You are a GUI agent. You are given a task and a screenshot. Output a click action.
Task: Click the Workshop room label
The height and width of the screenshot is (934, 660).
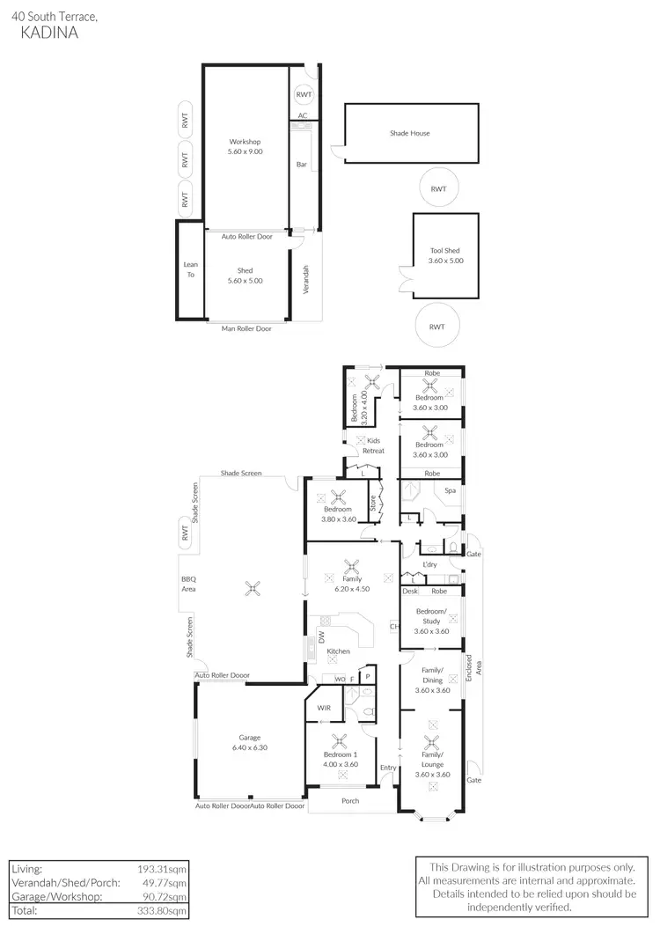(x=246, y=142)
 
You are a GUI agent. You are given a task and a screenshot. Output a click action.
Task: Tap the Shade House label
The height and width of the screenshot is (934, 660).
(x=410, y=134)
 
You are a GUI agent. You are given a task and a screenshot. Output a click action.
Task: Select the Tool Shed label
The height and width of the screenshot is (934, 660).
(x=445, y=250)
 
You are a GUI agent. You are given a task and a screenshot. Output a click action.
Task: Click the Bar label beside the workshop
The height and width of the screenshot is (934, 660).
(x=301, y=164)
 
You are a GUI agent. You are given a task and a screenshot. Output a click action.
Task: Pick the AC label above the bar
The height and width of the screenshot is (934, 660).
(x=303, y=115)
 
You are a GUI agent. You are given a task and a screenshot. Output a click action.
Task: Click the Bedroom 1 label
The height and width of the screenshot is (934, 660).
(x=338, y=756)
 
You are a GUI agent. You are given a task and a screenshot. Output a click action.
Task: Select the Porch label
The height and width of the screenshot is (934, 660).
(x=350, y=801)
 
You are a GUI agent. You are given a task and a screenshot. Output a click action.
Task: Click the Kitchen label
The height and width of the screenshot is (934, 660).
(x=339, y=651)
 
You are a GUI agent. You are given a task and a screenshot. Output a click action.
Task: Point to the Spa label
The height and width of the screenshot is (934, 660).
(x=450, y=490)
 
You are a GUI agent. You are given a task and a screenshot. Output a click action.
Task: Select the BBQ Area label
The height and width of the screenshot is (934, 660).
(x=189, y=584)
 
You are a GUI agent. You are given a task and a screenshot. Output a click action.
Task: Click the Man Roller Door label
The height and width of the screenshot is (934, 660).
(x=246, y=328)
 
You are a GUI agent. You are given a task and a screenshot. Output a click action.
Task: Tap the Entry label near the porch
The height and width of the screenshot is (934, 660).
(x=388, y=769)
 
